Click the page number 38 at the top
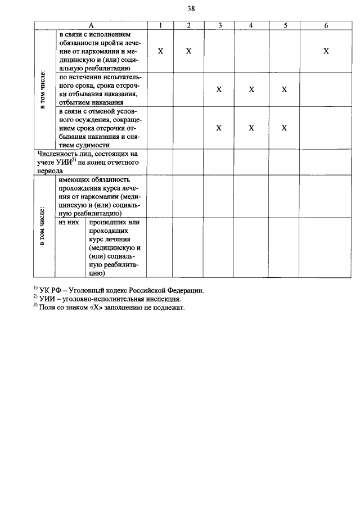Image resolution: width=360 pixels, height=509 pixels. point(191,8)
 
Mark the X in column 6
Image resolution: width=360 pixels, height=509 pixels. point(326,51)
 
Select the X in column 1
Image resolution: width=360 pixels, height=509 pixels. point(160,51)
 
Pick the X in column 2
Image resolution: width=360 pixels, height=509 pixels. point(189,51)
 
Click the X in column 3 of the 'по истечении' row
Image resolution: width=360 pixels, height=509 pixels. point(219,89)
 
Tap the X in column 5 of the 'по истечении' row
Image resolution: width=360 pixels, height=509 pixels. point(285,89)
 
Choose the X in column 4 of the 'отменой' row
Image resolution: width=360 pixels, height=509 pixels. point(251,128)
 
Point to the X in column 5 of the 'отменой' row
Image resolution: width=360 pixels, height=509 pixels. point(285,128)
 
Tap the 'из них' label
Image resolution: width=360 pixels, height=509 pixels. point(69,222)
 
